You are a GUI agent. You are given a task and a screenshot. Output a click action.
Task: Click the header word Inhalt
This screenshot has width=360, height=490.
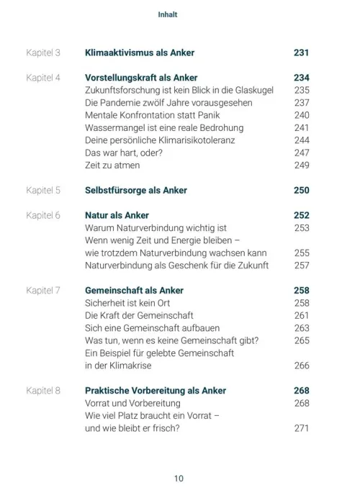tap(167, 14)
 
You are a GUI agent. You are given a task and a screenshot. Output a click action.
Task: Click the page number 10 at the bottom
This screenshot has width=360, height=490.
tap(179, 478)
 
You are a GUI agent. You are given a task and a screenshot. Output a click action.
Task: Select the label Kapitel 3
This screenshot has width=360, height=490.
tap(43, 53)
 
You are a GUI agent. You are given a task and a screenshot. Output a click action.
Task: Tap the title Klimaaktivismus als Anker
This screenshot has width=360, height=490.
tap(139, 53)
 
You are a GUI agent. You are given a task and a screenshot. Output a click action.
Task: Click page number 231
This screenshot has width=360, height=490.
tap(301, 53)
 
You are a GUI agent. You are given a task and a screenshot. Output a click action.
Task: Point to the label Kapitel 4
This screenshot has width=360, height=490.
tap(43, 78)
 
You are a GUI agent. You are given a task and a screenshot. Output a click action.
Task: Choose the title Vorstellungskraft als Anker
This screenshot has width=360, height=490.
tap(141, 78)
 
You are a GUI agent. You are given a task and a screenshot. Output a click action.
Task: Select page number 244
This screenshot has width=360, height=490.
tap(301, 140)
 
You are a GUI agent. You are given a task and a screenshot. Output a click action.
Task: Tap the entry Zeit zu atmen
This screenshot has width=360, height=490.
tap(112, 165)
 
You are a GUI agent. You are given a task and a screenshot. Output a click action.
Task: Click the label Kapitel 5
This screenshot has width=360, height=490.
tap(43, 190)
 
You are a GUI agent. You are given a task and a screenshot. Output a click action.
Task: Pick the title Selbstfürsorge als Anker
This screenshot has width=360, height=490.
tap(135, 190)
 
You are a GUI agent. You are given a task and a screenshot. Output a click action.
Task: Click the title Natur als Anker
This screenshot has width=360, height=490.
tap(117, 215)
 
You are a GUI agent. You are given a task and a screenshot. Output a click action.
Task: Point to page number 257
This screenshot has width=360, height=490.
tap(301, 266)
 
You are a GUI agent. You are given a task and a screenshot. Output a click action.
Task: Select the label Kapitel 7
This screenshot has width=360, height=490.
tap(43, 290)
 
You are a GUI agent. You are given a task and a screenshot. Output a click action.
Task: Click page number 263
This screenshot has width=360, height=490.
tap(301, 328)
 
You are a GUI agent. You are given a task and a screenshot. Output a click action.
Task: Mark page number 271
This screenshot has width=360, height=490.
tap(301, 428)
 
